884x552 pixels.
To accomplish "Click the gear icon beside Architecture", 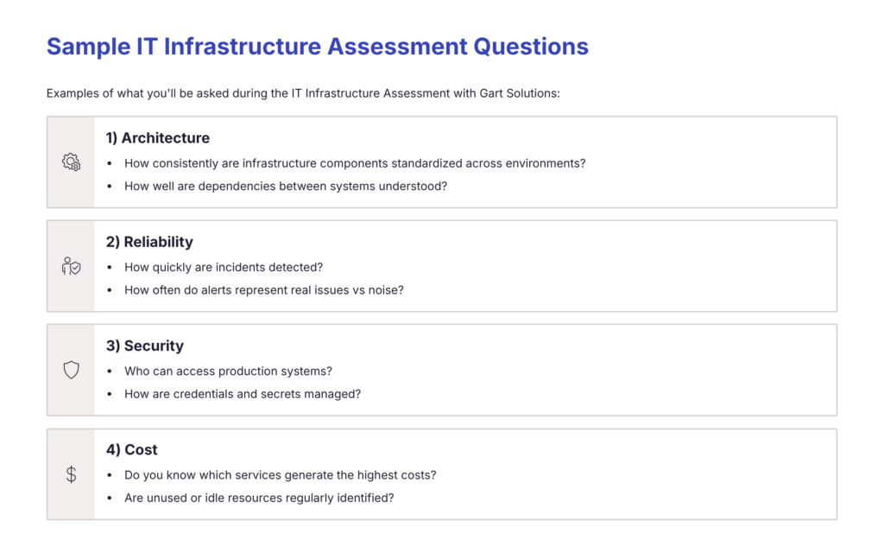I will point(71,162).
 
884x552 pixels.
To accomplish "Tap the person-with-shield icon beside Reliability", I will point(71,266).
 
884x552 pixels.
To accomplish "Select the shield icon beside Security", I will point(71,370).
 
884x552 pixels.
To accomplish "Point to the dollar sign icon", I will point(71,474).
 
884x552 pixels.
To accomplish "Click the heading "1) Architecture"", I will point(158,138).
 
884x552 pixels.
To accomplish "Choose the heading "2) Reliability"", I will point(149,242).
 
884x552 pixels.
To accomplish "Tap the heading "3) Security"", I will point(145,346).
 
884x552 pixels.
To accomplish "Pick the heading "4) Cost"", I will point(132,449).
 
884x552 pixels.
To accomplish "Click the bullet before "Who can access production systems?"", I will point(110,371).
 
